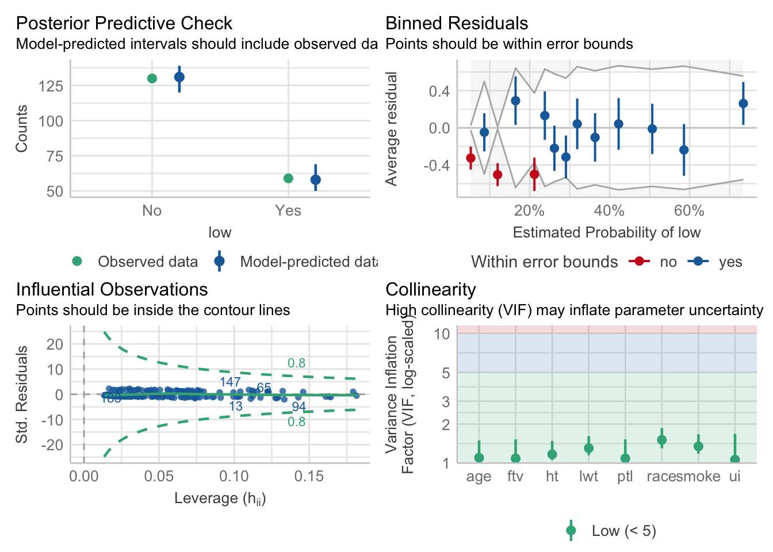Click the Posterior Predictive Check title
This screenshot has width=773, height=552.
pos(124,23)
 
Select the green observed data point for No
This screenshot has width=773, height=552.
pos(152,78)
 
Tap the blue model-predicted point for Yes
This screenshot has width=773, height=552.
pos(315,180)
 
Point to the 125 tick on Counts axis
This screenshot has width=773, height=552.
pos(51,86)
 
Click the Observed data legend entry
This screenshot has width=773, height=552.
pos(147,262)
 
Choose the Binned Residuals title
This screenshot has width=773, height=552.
pos(457,23)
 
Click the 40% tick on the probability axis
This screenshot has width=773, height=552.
pos(609,211)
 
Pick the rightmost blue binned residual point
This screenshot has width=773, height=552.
pos(743,103)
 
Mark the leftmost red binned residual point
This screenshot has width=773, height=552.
pos(470,158)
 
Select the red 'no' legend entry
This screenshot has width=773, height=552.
pos(668,262)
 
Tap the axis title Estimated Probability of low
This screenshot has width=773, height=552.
pos(606,232)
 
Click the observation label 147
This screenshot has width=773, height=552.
pos(230,382)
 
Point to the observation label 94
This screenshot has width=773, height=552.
pos(299,407)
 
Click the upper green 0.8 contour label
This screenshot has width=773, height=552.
pos(297,363)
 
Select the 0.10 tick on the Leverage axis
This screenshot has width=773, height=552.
pos(234,477)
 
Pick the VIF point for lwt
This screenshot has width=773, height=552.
pos(588,448)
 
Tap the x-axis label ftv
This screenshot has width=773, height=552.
pos(515,477)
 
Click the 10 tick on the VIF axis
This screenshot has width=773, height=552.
pos(442,333)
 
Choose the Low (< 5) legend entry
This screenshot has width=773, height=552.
pos(623,531)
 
